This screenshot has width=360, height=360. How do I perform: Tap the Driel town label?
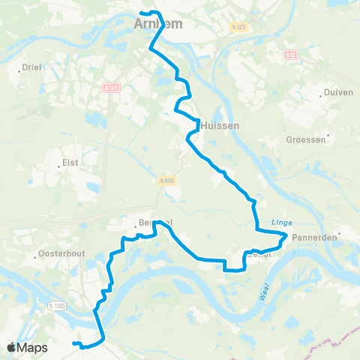point(31,67)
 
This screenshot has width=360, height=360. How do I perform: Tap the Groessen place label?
point(306,139)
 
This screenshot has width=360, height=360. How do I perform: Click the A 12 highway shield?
point(290,55)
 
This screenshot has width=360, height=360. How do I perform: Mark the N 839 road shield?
point(167,180)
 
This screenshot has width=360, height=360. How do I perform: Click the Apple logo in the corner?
point(11,347)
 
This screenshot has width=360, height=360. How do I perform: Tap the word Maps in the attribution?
point(32,347)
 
